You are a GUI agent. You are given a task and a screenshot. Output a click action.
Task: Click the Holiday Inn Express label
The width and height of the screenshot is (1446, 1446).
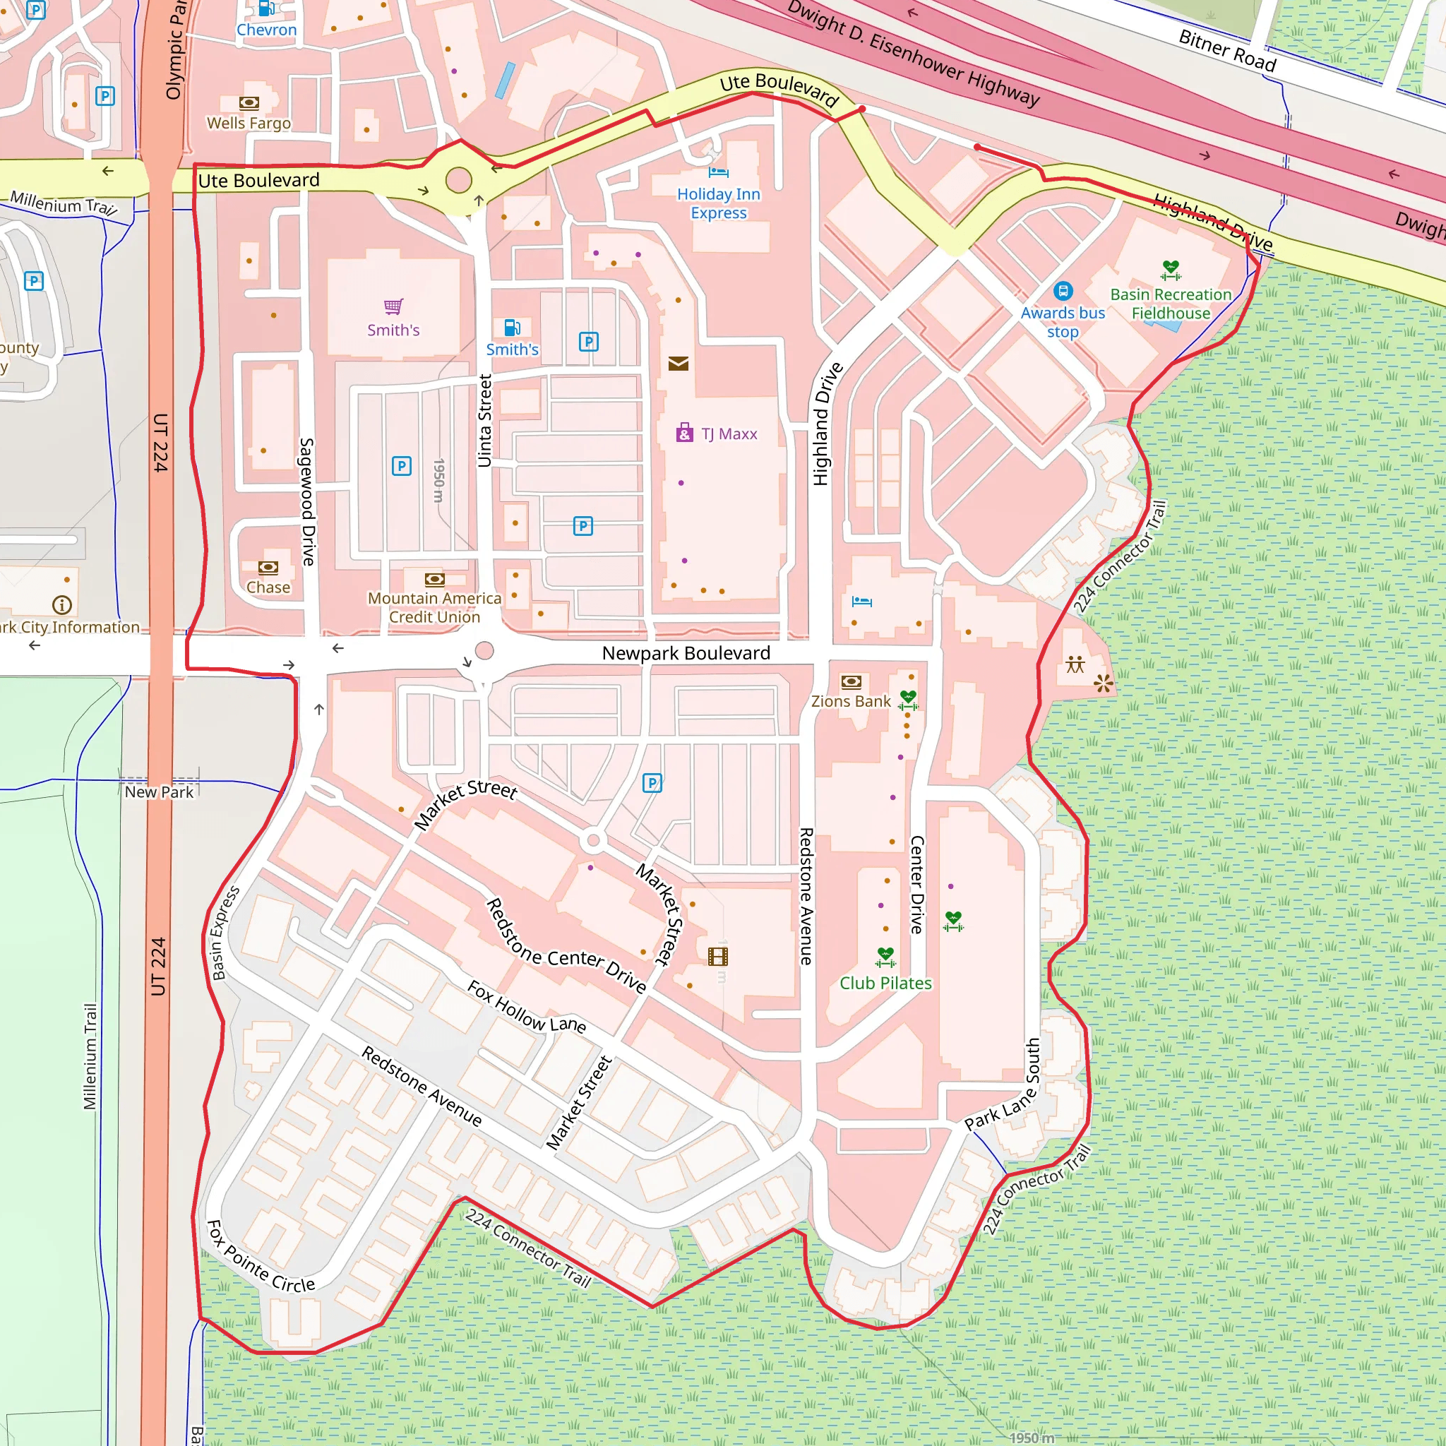[x=719, y=203]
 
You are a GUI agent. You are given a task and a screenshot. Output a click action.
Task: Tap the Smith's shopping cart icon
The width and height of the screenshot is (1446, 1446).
[x=393, y=306]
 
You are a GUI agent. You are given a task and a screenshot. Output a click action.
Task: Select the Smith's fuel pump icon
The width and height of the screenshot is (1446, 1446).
[x=512, y=328]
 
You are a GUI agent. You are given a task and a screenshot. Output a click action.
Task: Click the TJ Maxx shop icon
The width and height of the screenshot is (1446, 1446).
[x=684, y=433]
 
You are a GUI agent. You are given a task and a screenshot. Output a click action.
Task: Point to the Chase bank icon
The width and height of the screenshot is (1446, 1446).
[x=268, y=568]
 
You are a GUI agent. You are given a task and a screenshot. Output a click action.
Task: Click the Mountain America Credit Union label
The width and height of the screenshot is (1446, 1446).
[x=434, y=608]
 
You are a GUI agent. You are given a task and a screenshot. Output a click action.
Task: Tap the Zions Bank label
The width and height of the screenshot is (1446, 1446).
[x=851, y=701]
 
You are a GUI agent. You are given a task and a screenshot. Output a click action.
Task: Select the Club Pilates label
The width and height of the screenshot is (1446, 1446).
[x=885, y=984]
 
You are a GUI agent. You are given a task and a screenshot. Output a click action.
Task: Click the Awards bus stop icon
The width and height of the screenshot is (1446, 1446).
[x=1063, y=291]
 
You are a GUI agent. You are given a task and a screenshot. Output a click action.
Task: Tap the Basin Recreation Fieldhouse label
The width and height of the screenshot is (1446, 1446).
[x=1171, y=304]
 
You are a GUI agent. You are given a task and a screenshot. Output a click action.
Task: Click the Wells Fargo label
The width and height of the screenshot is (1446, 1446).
[x=249, y=123]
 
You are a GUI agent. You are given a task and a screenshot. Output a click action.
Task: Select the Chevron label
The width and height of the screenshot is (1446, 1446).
[x=266, y=30]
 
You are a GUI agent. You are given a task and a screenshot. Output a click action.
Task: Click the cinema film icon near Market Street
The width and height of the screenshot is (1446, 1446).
[x=718, y=957]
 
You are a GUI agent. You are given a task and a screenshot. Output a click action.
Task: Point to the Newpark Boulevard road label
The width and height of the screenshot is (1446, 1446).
[x=686, y=653]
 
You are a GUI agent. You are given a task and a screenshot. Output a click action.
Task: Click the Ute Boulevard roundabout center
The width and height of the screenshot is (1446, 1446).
[x=459, y=180]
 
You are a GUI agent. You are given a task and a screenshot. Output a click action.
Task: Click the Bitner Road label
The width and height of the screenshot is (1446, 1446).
[x=1226, y=50]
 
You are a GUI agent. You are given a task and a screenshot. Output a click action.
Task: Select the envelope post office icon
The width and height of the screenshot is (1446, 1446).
[x=678, y=364]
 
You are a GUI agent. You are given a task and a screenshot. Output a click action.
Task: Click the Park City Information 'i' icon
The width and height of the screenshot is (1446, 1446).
[x=62, y=605]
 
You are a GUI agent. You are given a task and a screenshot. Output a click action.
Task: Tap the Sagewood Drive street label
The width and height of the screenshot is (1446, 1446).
[x=308, y=501]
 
